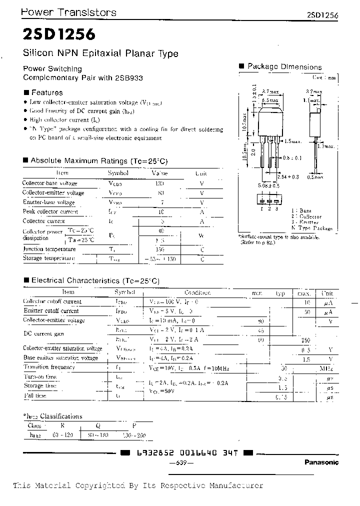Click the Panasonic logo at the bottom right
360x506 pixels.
[321, 462]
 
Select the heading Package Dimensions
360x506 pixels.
[284, 67]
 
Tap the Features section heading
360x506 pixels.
[46, 92]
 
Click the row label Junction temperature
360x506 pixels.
[49, 249]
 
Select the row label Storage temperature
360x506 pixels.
[49, 258]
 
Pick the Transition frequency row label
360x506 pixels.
[49, 367]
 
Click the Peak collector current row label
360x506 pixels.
[50, 211]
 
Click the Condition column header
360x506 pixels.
[197, 292]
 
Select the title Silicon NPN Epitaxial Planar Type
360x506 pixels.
[100, 53]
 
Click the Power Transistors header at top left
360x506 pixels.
[69, 12]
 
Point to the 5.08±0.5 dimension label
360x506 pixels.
[268, 185]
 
